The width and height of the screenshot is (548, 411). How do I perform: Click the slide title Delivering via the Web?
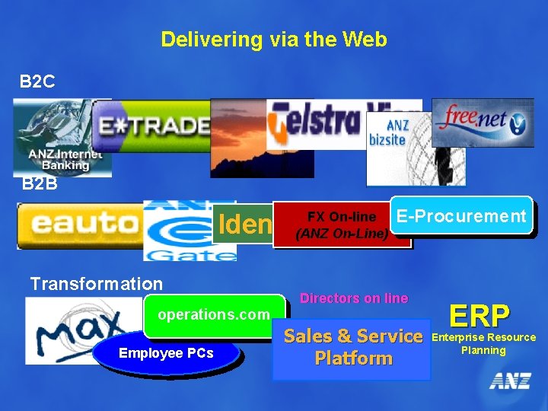click(274, 40)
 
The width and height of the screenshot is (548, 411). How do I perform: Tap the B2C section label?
click(38, 81)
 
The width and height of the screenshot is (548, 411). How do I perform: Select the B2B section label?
click(39, 183)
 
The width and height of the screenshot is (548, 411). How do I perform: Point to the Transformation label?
click(96, 284)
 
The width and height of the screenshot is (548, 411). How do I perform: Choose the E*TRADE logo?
click(152, 126)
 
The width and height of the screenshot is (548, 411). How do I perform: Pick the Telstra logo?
click(320, 122)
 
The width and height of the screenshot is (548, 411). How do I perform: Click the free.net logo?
click(483, 122)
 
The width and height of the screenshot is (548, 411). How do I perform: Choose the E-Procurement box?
click(461, 216)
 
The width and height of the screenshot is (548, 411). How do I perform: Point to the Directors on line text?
click(354, 298)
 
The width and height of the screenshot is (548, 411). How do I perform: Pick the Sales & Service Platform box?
click(352, 347)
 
